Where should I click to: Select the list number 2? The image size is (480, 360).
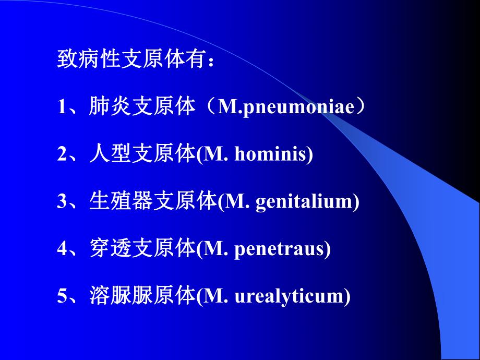pyautogui.click(x=62, y=154)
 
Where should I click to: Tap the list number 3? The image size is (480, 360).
pyautogui.click(x=62, y=202)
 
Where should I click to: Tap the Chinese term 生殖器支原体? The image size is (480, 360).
pyautogui.click(x=152, y=202)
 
